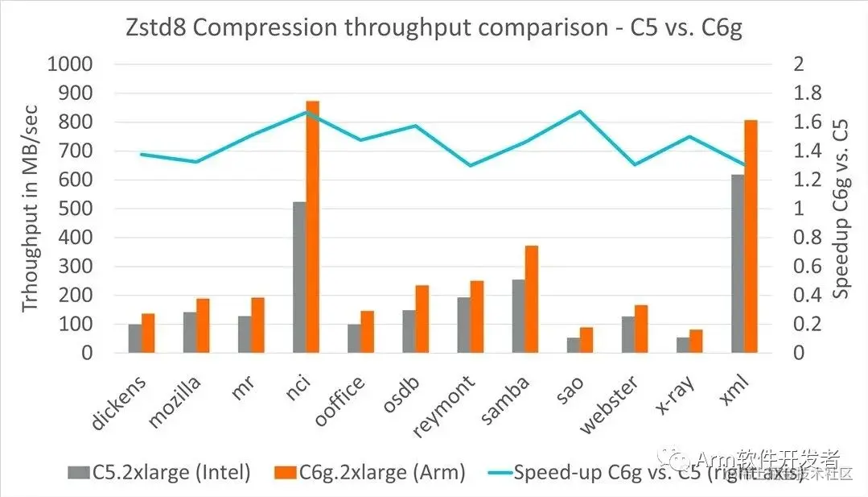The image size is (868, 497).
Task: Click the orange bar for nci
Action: point(312,227)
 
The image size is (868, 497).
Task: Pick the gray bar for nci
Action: point(299,277)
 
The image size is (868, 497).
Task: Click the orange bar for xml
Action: point(751,237)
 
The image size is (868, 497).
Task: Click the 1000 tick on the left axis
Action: point(71,64)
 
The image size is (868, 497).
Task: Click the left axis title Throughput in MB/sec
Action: point(31,209)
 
